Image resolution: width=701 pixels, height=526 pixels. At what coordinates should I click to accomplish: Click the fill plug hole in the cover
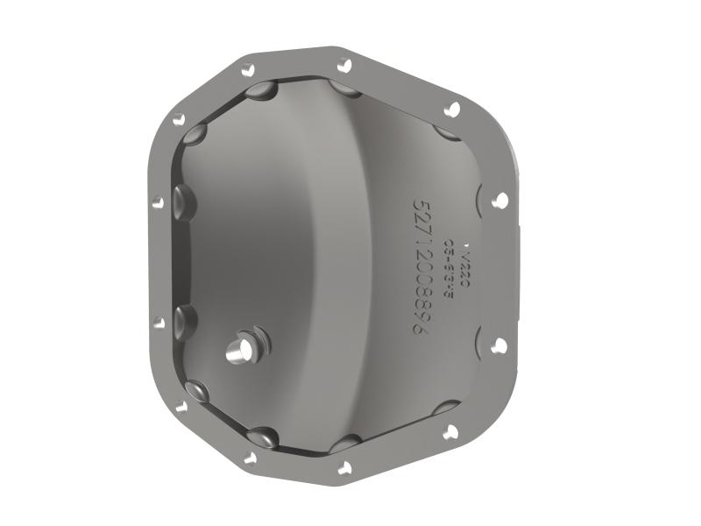[238, 350]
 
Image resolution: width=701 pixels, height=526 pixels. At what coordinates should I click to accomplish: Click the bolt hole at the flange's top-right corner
[452, 109]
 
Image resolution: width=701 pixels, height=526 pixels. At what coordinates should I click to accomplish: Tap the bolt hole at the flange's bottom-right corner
[450, 430]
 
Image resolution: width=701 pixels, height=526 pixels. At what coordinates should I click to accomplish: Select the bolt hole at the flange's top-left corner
[180, 120]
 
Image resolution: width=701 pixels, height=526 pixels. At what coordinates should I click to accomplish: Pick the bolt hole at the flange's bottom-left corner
[181, 406]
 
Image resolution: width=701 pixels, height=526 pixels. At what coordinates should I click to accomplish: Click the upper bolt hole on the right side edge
[500, 200]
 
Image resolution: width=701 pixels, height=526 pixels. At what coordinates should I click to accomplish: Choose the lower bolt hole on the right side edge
[499, 345]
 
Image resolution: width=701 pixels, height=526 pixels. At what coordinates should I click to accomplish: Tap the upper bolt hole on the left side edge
[158, 202]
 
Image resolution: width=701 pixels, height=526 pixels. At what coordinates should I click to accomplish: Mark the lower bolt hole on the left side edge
[159, 323]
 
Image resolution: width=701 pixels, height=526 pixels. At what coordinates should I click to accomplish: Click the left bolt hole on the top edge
[249, 70]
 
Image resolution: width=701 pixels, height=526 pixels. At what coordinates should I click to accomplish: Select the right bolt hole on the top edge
[344, 64]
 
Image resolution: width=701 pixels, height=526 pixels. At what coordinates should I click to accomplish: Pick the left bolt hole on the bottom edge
[250, 457]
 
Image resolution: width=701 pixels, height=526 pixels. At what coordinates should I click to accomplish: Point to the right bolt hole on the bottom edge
[344, 467]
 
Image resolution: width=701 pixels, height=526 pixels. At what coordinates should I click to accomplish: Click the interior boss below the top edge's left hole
[261, 90]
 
